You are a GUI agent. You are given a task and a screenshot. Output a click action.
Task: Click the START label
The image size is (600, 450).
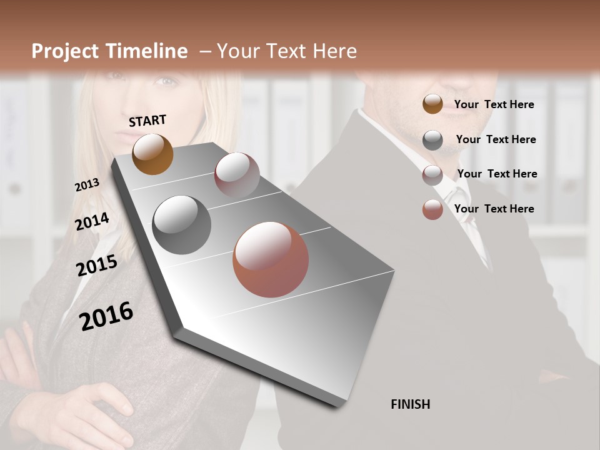[147, 121]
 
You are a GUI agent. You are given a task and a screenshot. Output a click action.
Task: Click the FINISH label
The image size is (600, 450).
[410, 404]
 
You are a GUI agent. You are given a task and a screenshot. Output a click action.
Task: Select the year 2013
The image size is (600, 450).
[87, 184]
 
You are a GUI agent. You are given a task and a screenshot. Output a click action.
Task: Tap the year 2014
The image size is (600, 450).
[92, 221]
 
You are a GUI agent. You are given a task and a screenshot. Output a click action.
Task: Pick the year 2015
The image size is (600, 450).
[97, 265]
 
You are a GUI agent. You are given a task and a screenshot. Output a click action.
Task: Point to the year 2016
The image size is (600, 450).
[106, 316]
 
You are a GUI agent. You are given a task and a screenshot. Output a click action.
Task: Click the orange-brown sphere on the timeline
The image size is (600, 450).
[152, 154]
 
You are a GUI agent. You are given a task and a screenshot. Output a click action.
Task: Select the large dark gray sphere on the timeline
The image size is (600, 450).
[181, 224]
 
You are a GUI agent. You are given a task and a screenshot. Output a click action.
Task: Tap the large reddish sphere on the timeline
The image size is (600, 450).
[271, 259]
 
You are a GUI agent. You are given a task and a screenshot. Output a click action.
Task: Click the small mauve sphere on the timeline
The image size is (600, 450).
[237, 175]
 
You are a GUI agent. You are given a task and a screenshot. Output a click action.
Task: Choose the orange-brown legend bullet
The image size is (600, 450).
[432, 104]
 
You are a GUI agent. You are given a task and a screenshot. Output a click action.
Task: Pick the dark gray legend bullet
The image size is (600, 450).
[432, 140]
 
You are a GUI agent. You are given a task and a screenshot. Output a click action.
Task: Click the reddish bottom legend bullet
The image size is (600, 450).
[432, 209]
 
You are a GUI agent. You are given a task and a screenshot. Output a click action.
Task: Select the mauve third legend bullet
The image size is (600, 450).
[432, 175]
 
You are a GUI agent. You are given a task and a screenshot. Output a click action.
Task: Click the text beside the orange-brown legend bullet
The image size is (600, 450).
[494, 104]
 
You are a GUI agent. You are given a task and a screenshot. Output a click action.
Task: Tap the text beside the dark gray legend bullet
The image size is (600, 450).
[496, 139]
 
